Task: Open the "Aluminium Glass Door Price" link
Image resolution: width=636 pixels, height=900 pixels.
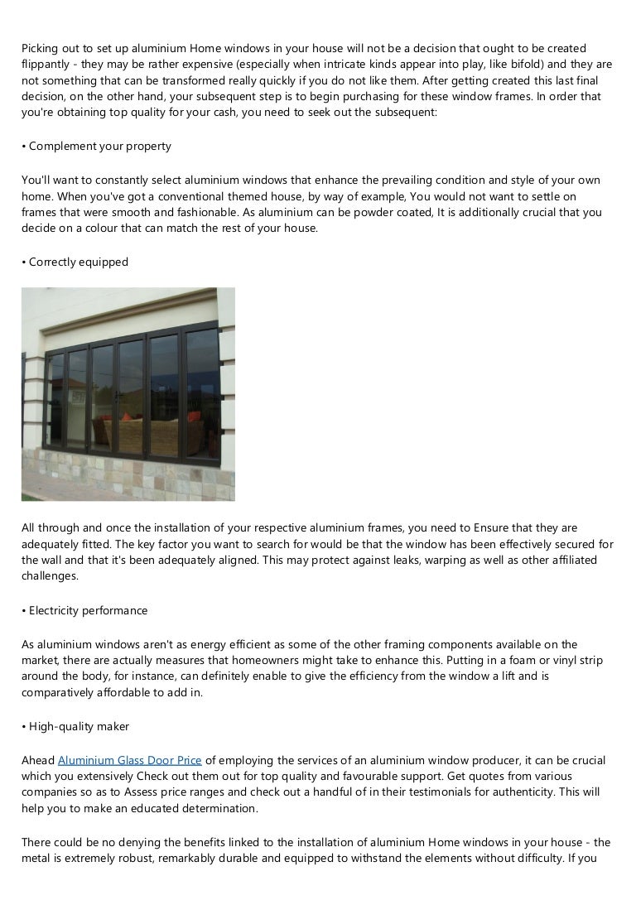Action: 130,760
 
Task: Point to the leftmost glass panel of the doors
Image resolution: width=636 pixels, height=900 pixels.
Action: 57,397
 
